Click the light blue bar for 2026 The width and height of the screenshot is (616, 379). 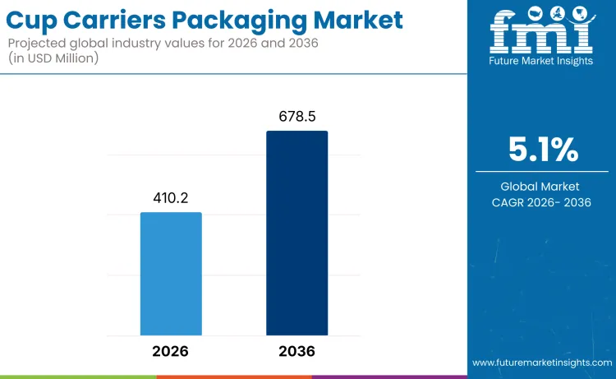pyautogui.click(x=171, y=273)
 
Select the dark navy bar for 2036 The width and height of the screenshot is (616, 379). pyautogui.click(x=297, y=233)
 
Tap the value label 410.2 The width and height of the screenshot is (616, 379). pyautogui.click(x=171, y=198)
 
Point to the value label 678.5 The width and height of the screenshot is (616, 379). pyautogui.click(x=297, y=117)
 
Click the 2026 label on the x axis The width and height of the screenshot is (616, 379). pyautogui.click(x=171, y=351)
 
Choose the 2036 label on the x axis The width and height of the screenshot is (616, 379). pyautogui.click(x=297, y=351)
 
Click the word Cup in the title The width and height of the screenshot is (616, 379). pyautogui.click(x=37, y=20)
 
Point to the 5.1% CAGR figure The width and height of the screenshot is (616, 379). pyautogui.click(x=542, y=150)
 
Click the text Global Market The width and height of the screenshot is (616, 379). pyautogui.click(x=542, y=187)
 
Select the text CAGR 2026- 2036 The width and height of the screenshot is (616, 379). pyautogui.click(x=542, y=203)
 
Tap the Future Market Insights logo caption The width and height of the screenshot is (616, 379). pyautogui.click(x=541, y=62)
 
